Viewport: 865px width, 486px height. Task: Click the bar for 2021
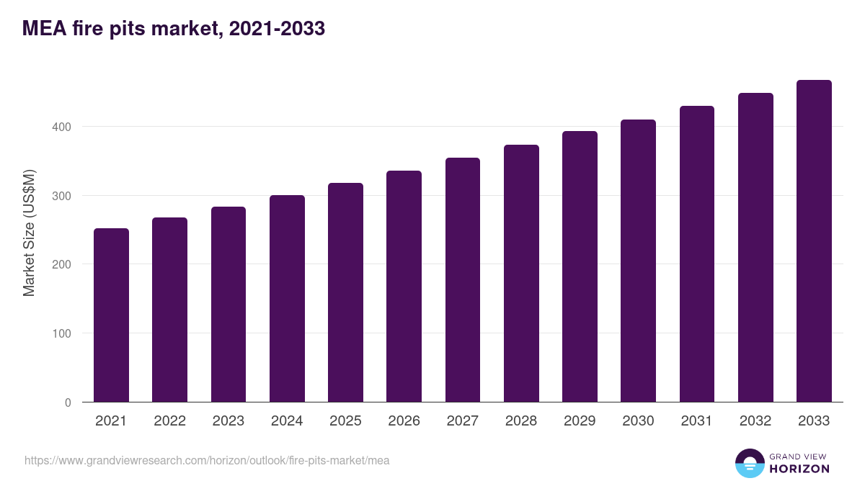pos(111,315)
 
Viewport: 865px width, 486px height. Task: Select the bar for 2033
pos(814,241)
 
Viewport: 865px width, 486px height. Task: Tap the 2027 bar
pos(463,280)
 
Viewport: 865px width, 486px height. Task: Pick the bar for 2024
pos(287,299)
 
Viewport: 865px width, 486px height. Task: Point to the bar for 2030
pos(639,261)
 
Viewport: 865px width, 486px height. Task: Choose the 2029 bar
pos(580,266)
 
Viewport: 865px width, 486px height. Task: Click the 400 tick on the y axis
pos(61,127)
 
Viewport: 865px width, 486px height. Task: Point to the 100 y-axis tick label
pos(61,333)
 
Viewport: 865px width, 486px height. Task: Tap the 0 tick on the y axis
pos(68,402)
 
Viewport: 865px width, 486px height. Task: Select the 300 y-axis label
pos(61,196)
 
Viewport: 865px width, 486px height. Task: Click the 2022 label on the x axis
pos(170,420)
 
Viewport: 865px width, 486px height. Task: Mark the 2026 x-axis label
pos(404,420)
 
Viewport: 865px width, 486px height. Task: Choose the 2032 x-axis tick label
pos(755,420)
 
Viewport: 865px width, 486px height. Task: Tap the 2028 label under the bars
pos(521,420)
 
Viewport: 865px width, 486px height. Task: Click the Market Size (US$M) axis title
pos(29,233)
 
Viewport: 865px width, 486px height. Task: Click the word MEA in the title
pos(45,29)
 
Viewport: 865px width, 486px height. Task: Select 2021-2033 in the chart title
pos(277,29)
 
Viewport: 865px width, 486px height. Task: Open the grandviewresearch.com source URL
pos(207,461)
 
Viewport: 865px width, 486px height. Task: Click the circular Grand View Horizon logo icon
pos(750,463)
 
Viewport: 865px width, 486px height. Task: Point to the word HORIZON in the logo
pos(799,469)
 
